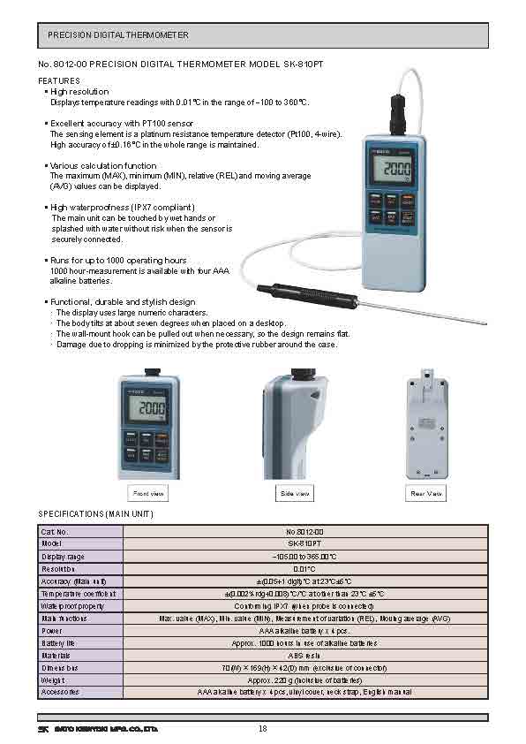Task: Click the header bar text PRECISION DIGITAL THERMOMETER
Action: coord(117,35)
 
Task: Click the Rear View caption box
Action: coord(426,493)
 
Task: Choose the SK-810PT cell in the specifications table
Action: coord(305,543)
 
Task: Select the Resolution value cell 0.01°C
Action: coord(305,568)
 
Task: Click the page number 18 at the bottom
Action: coord(263,728)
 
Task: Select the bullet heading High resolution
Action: coord(79,92)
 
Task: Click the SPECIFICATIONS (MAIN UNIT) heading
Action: coord(96,513)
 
